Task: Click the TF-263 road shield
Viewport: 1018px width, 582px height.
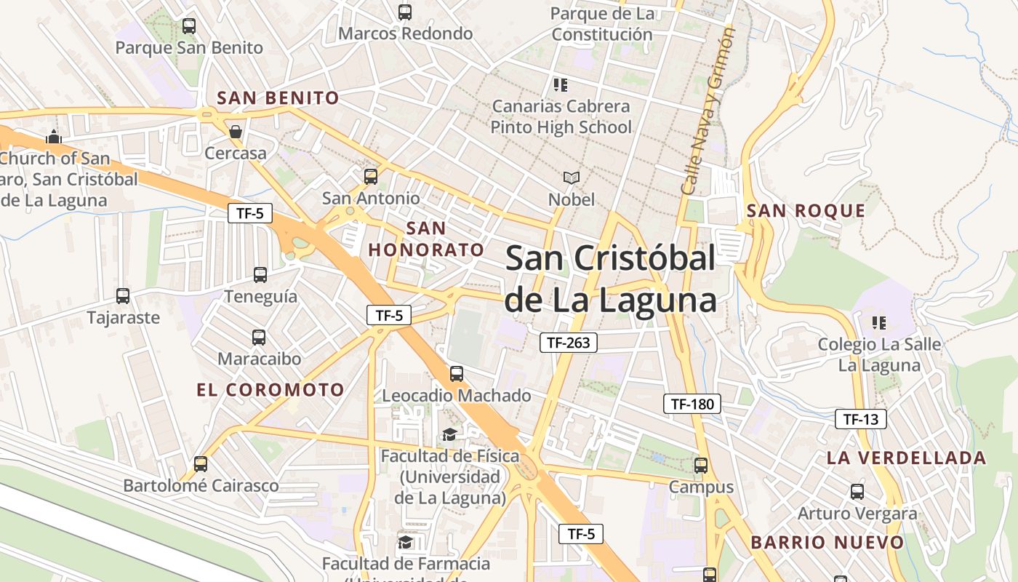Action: [568, 343]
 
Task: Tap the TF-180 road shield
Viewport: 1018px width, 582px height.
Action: [692, 404]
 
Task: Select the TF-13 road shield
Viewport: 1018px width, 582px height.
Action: [861, 419]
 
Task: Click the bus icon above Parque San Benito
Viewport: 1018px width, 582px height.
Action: [189, 26]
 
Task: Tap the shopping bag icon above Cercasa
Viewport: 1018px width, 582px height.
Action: [235, 132]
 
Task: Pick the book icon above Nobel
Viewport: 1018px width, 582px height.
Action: [571, 178]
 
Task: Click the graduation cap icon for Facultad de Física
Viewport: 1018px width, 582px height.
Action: [449, 435]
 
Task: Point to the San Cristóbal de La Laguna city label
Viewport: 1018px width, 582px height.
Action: [611, 279]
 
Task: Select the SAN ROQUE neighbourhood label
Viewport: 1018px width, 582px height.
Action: [806, 211]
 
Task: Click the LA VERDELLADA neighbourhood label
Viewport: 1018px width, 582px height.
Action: [906, 458]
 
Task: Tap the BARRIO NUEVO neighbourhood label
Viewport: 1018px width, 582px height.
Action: [827, 543]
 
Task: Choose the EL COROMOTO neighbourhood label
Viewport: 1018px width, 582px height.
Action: [270, 390]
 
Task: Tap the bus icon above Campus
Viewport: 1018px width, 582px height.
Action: [701, 466]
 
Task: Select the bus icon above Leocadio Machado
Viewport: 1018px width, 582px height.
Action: [457, 374]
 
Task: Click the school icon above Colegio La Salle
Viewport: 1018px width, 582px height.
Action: [878, 322]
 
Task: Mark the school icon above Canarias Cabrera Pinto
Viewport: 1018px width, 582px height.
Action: [560, 85]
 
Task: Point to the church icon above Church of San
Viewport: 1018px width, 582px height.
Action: [53, 137]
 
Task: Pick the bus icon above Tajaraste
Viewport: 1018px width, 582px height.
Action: [123, 296]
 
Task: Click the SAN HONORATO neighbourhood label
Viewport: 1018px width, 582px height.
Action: [426, 239]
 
